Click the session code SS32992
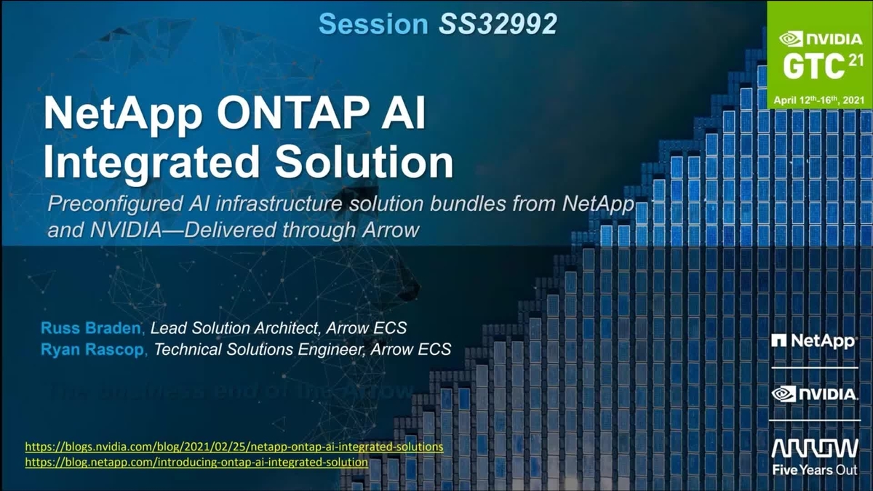498,24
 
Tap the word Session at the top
373,24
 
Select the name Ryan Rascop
94,349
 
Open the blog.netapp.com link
196,462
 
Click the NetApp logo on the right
814,340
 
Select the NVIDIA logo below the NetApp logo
814,394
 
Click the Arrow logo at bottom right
814,448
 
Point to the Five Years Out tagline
814,470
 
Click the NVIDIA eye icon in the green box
789,40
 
